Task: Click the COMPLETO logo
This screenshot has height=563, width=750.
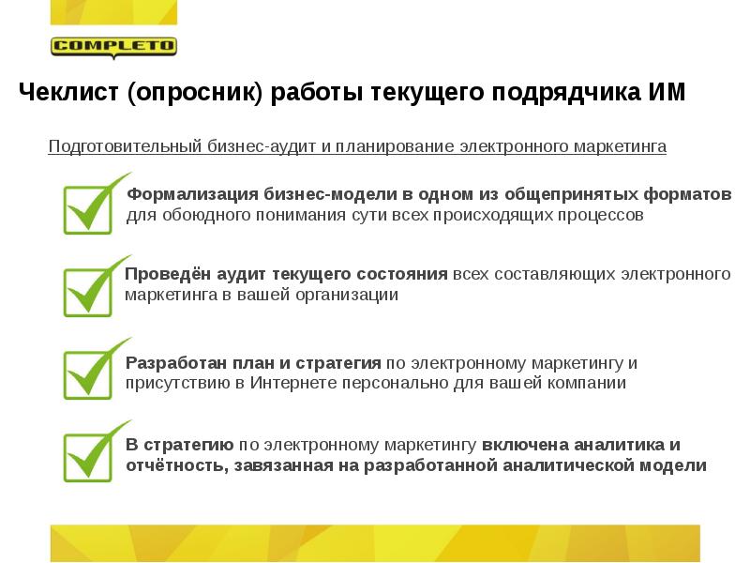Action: [113, 46]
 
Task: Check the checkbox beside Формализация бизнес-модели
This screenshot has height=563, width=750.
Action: [87, 208]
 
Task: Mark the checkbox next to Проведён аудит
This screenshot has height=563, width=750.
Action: [87, 291]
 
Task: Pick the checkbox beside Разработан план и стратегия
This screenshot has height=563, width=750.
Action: [87, 373]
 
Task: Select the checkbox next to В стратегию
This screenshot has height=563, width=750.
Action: [87, 456]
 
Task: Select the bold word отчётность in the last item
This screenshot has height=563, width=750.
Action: [173, 465]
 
